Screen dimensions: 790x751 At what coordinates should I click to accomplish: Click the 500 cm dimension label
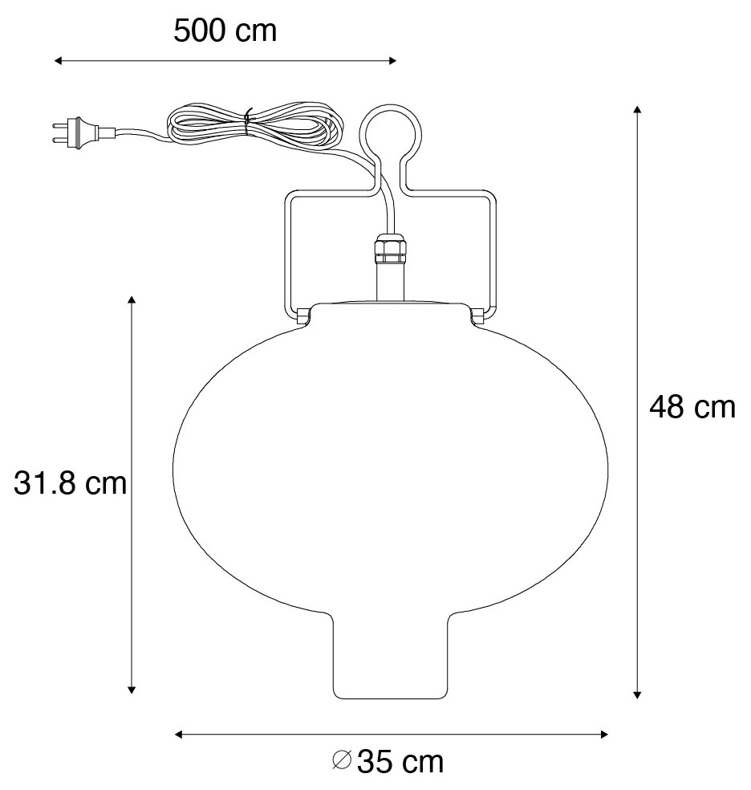pyautogui.click(x=225, y=31)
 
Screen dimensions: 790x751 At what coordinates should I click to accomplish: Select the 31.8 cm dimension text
pyautogui.click(x=71, y=483)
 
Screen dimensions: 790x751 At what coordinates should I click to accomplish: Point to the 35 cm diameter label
pyautogui.click(x=399, y=760)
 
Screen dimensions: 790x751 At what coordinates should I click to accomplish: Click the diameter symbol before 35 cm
pyautogui.click(x=342, y=760)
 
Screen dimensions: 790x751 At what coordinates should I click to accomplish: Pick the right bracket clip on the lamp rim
pyautogui.click(x=478, y=316)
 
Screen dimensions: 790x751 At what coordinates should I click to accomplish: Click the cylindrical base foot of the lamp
pyautogui.click(x=389, y=658)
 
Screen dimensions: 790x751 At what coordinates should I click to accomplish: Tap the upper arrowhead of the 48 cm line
pyautogui.click(x=637, y=109)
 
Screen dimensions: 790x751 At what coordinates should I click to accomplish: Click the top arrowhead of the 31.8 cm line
pyautogui.click(x=132, y=300)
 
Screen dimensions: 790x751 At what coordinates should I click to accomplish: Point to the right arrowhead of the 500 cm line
pyautogui.click(x=392, y=60)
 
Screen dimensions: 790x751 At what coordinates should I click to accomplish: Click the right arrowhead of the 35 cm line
pyautogui.click(x=603, y=734)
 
